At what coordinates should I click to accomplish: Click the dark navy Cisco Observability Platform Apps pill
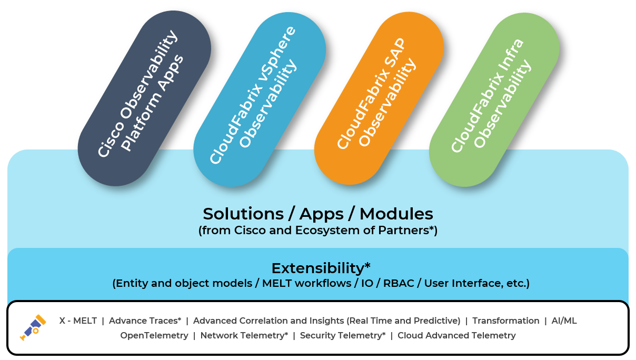click(144, 98)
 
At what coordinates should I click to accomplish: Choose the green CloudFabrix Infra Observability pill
click(494, 98)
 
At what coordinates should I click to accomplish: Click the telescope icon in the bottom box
click(33, 327)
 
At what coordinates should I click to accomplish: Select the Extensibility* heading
click(317, 268)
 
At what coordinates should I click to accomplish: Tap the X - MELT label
click(78, 321)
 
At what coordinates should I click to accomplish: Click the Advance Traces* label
click(145, 321)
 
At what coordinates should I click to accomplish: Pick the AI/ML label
click(564, 321)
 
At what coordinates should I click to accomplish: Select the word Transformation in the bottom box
click(505, 321)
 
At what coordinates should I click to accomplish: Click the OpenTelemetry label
click(154, 335)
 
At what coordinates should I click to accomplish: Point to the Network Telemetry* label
click(244, 335)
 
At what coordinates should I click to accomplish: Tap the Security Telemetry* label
click(343, 335)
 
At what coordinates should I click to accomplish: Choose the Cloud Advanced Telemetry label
click(456, 335)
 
